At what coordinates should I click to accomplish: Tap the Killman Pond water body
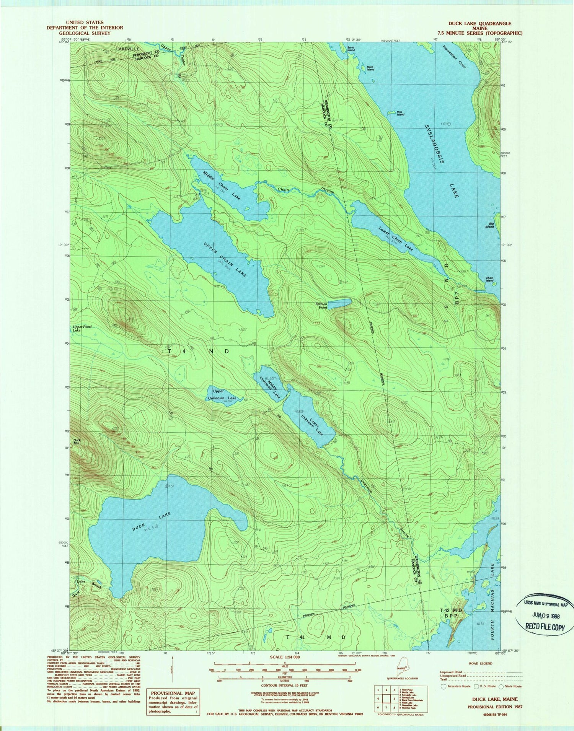pyautogui.click(x=340, y=303)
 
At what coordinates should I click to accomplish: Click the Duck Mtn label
pyautogui.click(x=77, y=442)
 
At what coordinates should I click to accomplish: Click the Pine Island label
pyautogui.click(x=400, y=113)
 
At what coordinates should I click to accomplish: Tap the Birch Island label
pyautogui.click(x=370, y=68)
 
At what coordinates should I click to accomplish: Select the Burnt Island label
pyautogui.click(x=351, y=49)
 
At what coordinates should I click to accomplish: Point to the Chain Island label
pyautogui.click(x=489, y=279)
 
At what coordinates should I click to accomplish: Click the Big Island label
pyautogui.click(x=489, y=225)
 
